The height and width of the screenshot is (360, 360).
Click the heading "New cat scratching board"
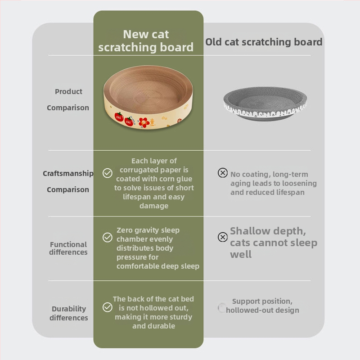tap(146, 41)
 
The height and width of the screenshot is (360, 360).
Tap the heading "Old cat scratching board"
tap(264, 42)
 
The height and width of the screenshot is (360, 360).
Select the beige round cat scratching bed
tap(148, 97)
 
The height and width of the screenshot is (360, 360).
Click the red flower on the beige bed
tap(144, 123)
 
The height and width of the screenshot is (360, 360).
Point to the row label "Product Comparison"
tap(68, 99)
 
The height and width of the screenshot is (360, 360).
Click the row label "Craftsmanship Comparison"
tap(68, 181)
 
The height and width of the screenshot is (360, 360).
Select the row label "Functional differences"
tap(68, 248)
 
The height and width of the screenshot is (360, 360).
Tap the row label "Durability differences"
tap(69, 313)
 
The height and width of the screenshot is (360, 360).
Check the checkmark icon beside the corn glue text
tap(108, 173)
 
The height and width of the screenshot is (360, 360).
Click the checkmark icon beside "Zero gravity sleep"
tap(108, 238)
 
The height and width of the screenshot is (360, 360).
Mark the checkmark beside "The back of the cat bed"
tap(108, 307)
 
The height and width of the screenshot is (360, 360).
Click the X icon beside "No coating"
tap(223, 173)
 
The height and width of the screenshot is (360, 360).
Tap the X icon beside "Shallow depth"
tap(223, 237)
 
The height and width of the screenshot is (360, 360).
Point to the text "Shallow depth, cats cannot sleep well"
tap(274, 243)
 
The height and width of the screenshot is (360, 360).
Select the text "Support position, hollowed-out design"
tap(262, 306)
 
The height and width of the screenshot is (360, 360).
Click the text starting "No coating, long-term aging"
tap(274, 183)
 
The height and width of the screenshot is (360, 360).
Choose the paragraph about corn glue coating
tap(154, 183)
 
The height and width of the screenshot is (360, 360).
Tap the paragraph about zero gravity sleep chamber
tap(158, 248)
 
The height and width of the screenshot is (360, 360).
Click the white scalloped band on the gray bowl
tap(265, 112)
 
